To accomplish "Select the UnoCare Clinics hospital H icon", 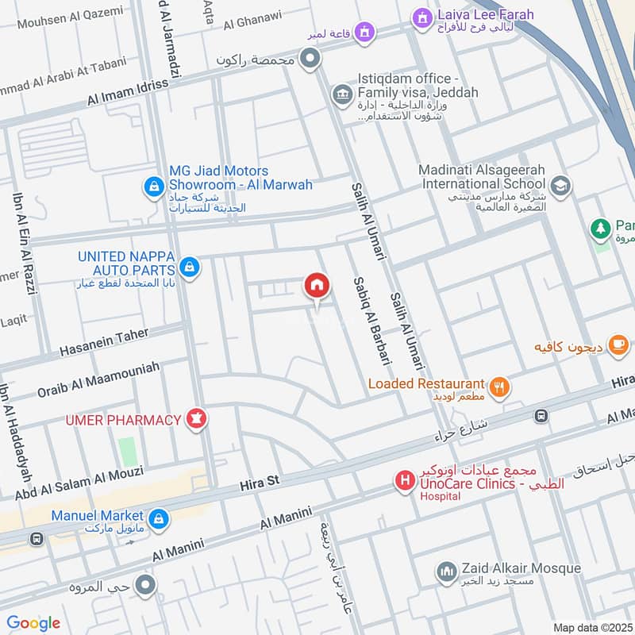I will pyautogui.click(x=405, y=480).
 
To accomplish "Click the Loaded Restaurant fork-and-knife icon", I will pyautogui.click(x=499, y=387).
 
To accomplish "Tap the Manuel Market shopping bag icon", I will pyautogui.click(x=159, y=518).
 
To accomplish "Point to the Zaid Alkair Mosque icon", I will pyautogui.click(x=445, y=571).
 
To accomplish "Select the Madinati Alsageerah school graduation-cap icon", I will pyautogui.click(x=560, y=186).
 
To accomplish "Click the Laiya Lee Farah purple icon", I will pyautogui.click(x=421, y=16).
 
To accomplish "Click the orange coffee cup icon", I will pyautogui.click(x=619, y=346).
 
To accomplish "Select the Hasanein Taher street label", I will pyautogui.click(x=103, y=342).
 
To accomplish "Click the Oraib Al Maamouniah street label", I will pyautogui.click(x=98, y=379).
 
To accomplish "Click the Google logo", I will pyautogui.click(x=33, y=622).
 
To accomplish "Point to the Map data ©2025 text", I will pyautogui.click(x=591, y=627).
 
